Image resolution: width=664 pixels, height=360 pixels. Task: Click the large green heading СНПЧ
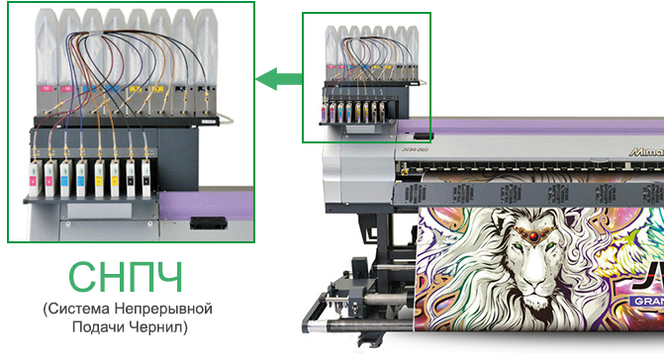128,278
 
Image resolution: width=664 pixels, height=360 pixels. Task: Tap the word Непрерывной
164,311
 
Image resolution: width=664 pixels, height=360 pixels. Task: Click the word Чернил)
160,326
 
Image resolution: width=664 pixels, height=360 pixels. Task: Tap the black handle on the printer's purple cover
422,135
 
